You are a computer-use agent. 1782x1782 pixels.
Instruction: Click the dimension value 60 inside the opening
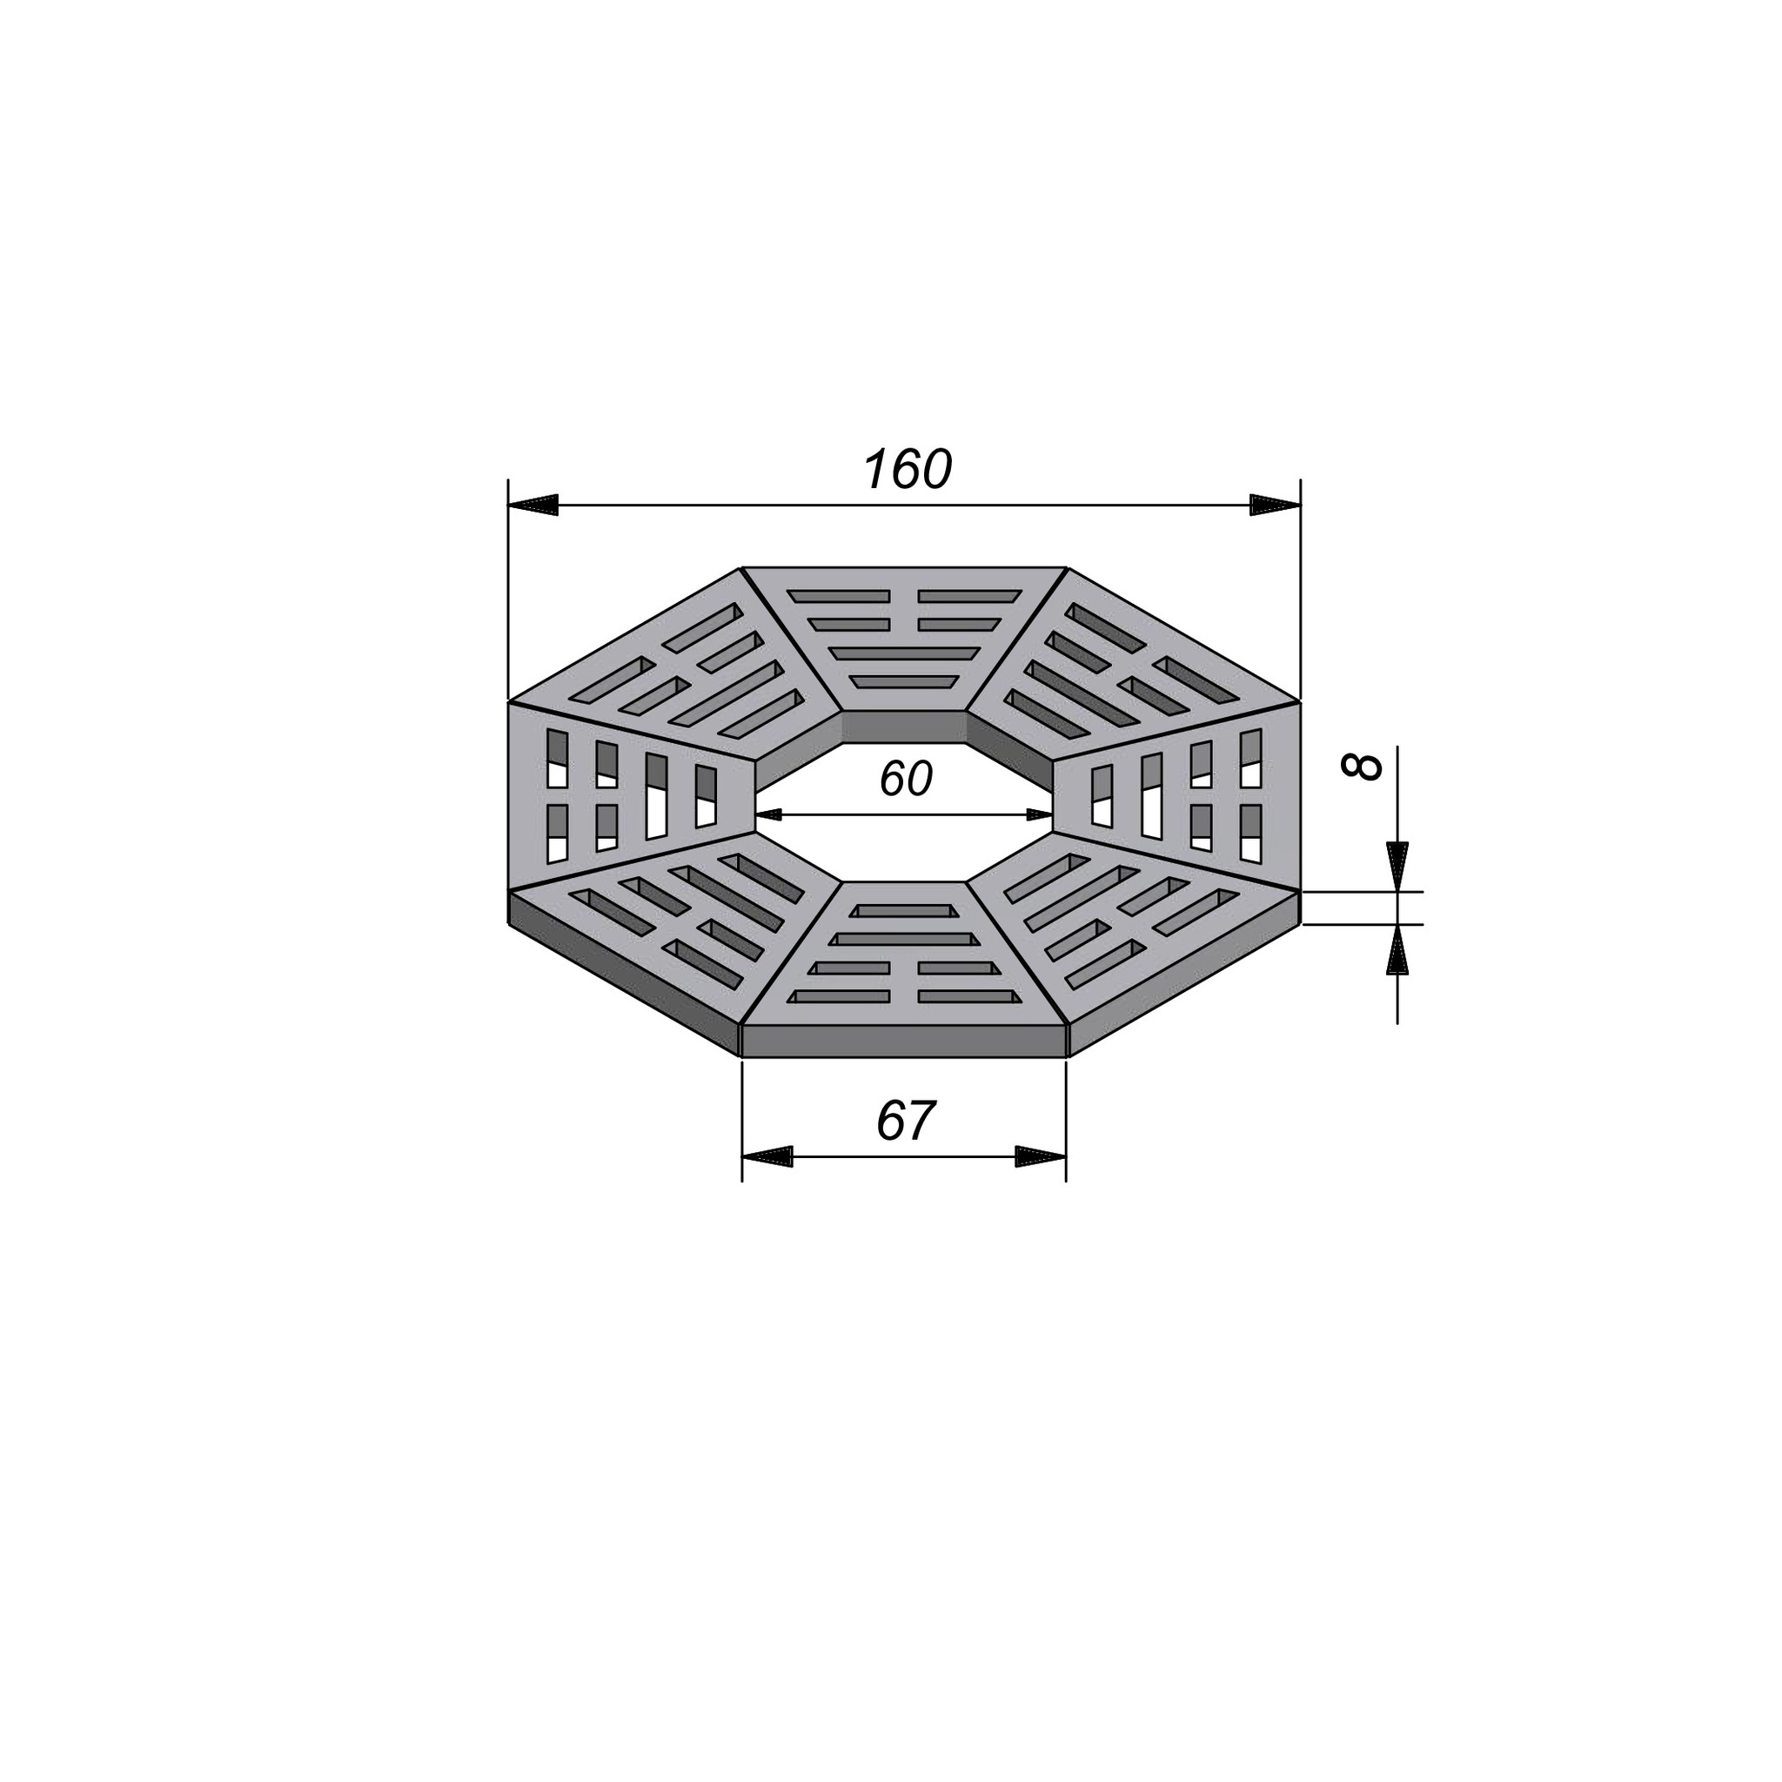pyautogui.click(x=905, y=779)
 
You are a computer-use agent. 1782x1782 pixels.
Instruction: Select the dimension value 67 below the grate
pyautogui.click(x=905, y=1122)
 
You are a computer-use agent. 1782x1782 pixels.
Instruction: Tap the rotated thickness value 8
pyautogui.click(x=1363, y=767)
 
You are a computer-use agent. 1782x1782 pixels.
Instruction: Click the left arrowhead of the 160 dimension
pyautogui.click(x=533, y=505)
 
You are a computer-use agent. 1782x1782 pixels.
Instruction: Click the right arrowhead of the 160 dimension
pyautogui.click(x=1275, y=505)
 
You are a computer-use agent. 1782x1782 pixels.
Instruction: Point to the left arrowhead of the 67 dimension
pyautogui.click(x=767, y=1156)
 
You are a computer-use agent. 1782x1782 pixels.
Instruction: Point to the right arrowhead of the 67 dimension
pyautogui.click(x=1041, y=1156)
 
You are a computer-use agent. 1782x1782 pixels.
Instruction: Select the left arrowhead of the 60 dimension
pyautogui.click(x=769, y=814)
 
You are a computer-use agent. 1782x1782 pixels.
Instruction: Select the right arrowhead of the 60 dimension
pyautogui.click(x=1039, y=814)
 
